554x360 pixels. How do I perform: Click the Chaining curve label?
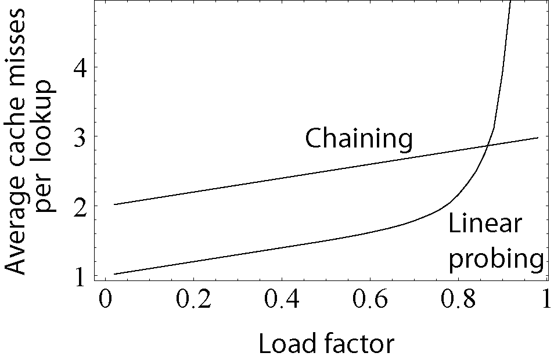coord(359,139)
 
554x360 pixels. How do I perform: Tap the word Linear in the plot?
coord(485,224)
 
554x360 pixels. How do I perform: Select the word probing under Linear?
coord(497,258)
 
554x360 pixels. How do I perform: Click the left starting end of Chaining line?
coord(114,204)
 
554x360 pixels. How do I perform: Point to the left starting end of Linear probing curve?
coord(114,274)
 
